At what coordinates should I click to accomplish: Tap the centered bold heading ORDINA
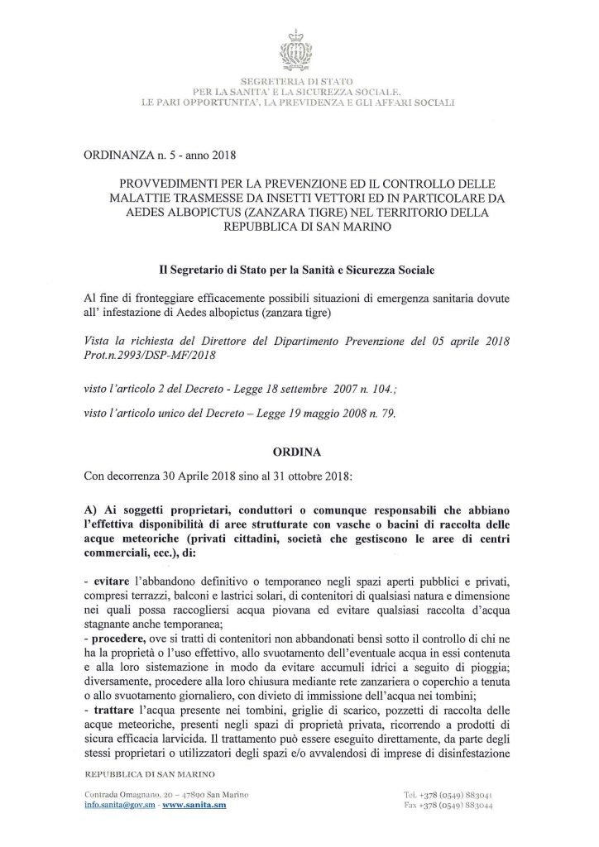tap(299, 453)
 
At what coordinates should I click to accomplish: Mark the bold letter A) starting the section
tap(93, 507)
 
